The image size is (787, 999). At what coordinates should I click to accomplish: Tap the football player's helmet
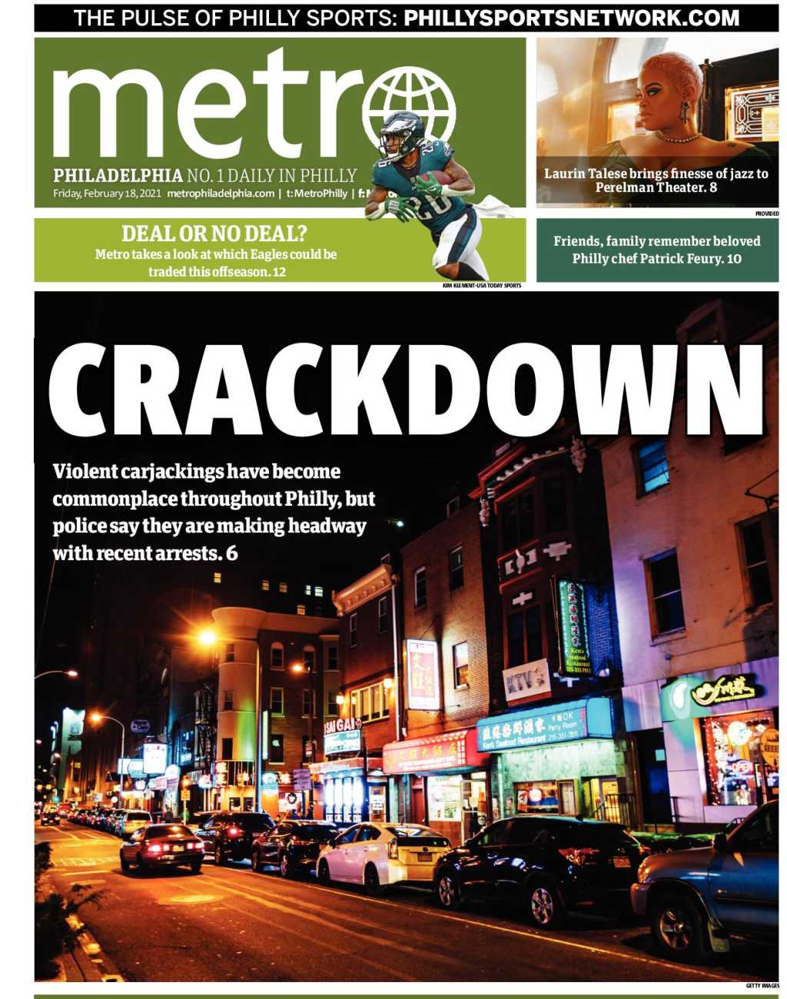tap(401, 133)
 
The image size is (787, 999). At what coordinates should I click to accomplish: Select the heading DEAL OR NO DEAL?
tap(214, 234)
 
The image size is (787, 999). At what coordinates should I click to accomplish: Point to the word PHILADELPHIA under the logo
tap(118, 176)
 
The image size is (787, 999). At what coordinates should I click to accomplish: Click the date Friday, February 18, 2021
tap(106, 194)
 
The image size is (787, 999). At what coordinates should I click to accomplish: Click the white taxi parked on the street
tap(383, 854)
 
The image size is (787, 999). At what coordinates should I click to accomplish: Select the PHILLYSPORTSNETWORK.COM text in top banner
tap(572, 17)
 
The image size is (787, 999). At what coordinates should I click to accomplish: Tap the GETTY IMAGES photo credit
tap(762, 986)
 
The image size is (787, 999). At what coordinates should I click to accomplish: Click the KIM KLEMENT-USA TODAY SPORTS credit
tap(481, 286)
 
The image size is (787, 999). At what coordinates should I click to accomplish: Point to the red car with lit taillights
tap(162, 846)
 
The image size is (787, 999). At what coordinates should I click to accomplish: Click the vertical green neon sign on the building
tap(574, 627)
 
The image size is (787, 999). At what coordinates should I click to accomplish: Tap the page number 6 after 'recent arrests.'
tap(232, 553)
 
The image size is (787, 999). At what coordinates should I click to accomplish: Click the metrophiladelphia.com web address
tap(221, 194)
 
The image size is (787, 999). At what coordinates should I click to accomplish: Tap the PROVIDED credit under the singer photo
tap(766, 213)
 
